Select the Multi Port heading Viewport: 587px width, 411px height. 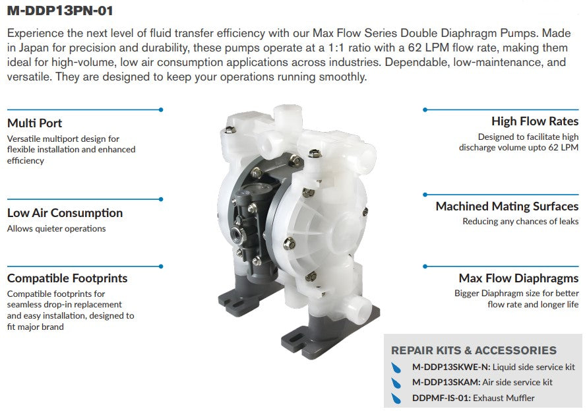34,123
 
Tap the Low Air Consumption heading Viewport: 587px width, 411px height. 65,213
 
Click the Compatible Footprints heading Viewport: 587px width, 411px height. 67,278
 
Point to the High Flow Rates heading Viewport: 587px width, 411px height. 534,121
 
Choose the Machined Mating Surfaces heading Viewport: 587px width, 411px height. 507,206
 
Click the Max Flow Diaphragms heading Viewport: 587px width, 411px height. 518,278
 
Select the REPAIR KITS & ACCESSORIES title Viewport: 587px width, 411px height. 474,350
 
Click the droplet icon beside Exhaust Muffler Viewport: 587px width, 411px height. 396,398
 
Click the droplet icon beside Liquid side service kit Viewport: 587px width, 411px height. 396,367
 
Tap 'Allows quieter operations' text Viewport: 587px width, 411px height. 56,229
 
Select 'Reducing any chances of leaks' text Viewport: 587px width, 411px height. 520,222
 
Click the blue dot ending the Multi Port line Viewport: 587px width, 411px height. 161,110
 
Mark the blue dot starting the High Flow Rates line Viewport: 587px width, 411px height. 425,110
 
